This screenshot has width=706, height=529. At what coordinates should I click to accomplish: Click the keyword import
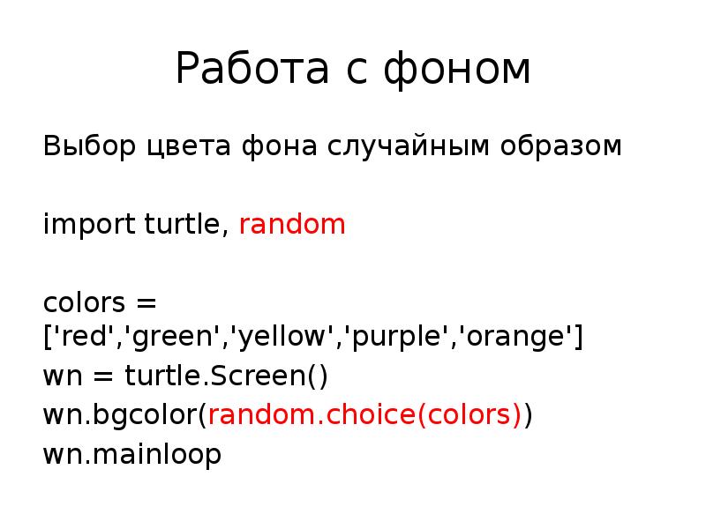[x=89, y=225]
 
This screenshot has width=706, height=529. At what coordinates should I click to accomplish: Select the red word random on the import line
[x=292, y=225]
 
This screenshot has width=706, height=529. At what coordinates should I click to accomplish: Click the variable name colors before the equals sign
[x=84, y=303]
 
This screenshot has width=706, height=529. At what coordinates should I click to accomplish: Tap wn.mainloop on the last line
[x=132, y=455]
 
